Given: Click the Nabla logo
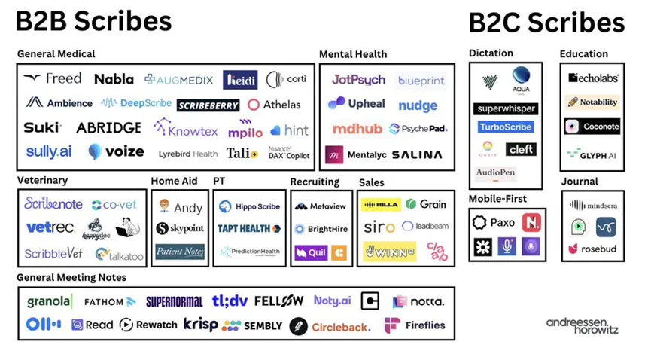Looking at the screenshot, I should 114,79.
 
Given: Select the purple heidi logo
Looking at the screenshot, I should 240,80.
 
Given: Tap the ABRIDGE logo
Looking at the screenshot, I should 108,128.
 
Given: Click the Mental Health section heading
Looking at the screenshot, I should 353,54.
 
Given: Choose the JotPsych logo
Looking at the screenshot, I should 358,79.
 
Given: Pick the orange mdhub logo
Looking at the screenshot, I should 357,129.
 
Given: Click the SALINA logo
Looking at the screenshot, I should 416,154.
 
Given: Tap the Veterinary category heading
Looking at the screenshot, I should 42,181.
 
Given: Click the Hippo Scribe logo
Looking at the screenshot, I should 249,206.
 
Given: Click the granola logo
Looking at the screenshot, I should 50,301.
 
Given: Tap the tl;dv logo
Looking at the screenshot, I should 229,301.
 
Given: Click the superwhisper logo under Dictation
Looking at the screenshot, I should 507,108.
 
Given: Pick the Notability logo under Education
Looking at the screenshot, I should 592,102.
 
